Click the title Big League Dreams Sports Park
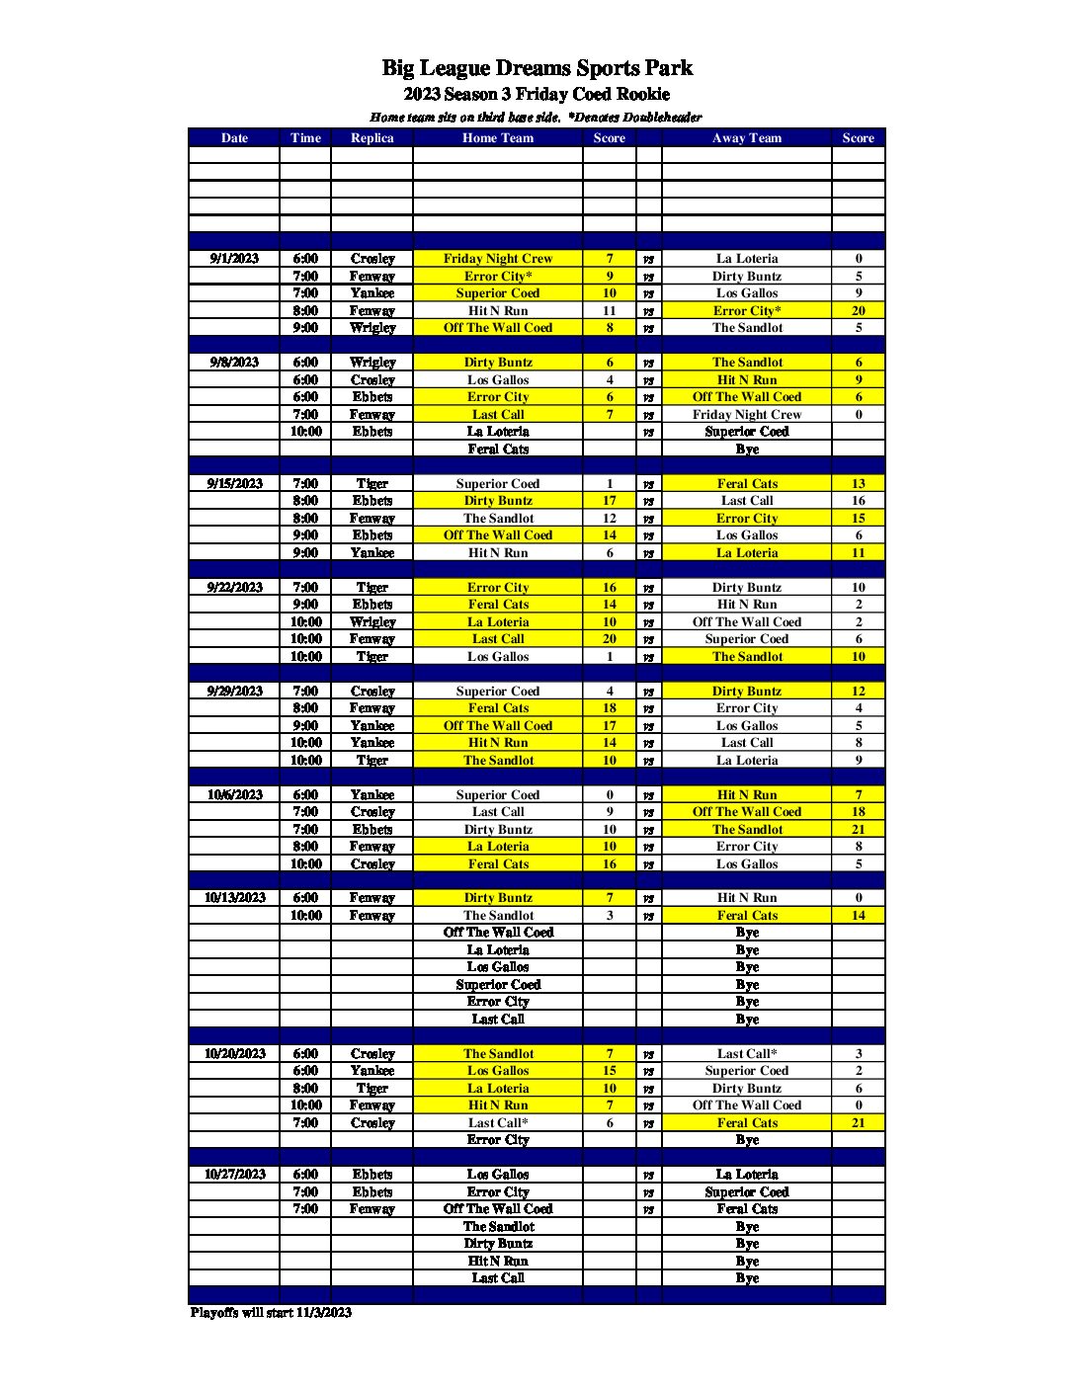(537, 68)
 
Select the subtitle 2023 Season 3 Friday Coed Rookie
(537, 95)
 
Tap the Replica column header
(372, 138)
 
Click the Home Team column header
(497, 138)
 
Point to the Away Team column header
(746, 138)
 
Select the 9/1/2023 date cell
(234, 259)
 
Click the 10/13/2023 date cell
(235, 898)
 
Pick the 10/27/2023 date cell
(235, 1175)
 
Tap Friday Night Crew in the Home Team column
(497, 259)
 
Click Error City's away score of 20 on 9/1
(858, 310)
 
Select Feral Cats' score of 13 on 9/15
(858, 484)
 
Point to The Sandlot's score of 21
(858, 830)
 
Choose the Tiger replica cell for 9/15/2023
(372, 484)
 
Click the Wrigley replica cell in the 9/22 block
(372, 622)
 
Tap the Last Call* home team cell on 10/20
(497, 1123)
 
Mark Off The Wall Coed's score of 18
(858, 812)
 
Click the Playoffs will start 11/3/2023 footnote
(271, 1313)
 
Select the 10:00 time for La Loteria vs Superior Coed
(305, 432)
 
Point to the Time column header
(305, 138)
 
